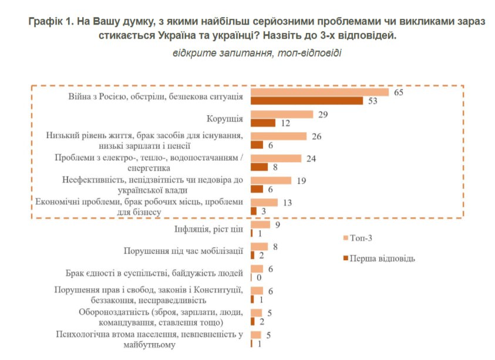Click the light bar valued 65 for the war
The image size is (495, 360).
(320, 92)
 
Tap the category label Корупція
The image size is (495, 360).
(226, 119)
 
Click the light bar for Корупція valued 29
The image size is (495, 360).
(282, 115)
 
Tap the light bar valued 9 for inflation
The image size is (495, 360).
(260, 224)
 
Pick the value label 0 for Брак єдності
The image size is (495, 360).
(258, 277)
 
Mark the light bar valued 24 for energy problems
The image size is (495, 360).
(276, 158)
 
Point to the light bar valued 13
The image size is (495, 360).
(264, 202)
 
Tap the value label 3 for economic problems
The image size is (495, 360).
(264, 211)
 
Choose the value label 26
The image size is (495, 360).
(316, 136)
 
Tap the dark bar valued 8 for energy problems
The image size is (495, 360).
(259, 167)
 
